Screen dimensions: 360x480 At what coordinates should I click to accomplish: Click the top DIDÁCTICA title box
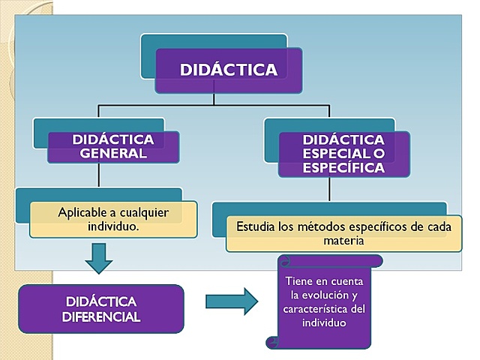(x=229, y=70)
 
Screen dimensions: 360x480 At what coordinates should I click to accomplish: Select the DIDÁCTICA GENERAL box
(x=113, y=147)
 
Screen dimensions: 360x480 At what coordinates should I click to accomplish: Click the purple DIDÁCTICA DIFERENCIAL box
(x=101, y=309)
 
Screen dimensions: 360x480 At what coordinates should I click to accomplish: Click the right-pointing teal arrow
(x=232, y=302)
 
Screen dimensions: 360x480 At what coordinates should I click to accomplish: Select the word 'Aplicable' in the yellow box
(x=82, y=212)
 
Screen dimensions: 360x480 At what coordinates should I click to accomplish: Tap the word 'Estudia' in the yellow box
(x=256, y=226)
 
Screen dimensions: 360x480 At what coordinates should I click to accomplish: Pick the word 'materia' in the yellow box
(x=343, y=241)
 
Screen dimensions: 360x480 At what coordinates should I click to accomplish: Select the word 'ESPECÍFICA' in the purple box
(x=343, y=168)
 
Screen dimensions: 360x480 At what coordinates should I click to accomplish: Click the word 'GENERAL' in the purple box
(x=112, y=154)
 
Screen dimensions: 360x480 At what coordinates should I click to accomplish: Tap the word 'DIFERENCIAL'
(x=101, y=316)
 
